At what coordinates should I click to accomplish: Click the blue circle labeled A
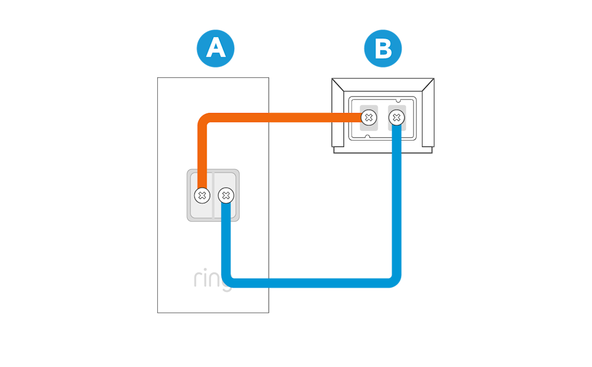(x=216, y=48)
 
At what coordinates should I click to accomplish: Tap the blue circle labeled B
(x=383, y=48)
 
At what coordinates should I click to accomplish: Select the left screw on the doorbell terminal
(x=201, y=195)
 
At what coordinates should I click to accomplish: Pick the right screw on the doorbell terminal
(x=226, y=195)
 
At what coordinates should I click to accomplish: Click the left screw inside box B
(x=368, y=117)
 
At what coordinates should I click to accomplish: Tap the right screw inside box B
(x=396, y=117)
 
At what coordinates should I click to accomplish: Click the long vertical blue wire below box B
(x=396, y=207)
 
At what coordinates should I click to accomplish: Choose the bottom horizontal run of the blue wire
(x=311, y=283)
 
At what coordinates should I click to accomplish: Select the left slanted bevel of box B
(x=340, y=113)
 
